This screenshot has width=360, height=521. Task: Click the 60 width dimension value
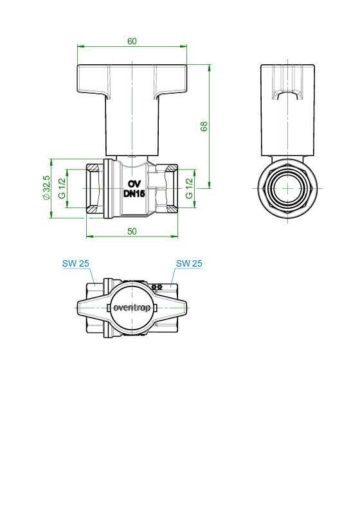coord(132,41)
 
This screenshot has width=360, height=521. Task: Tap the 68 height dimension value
coord(204,127)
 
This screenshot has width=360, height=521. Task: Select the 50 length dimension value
coord(132,231)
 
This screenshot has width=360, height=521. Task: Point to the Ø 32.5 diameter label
coord(46,188)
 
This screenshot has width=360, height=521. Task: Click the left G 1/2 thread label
coord(62,188)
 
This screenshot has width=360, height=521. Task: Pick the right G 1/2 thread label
coord(189,188)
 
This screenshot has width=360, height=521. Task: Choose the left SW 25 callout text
coord(76,263)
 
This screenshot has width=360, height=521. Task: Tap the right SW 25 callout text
coord(189,263)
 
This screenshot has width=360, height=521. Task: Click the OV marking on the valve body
coord(134,184)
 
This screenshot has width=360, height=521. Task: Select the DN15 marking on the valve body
coord(134,194)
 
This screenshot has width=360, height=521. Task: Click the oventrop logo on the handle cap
coord(132,308)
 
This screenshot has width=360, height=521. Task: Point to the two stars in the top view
coord(157,287)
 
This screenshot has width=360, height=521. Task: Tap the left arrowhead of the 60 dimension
coord(80,46)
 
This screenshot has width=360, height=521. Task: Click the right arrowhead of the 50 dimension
coord(174,236)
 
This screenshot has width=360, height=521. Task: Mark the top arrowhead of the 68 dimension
coord(210,68)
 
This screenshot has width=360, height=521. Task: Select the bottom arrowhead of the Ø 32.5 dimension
coord(51,215)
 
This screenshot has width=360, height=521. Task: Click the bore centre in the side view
coord(287,188)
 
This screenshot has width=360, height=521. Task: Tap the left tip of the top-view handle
coord(78,308)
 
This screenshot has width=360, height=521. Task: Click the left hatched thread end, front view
coord(93,189)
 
